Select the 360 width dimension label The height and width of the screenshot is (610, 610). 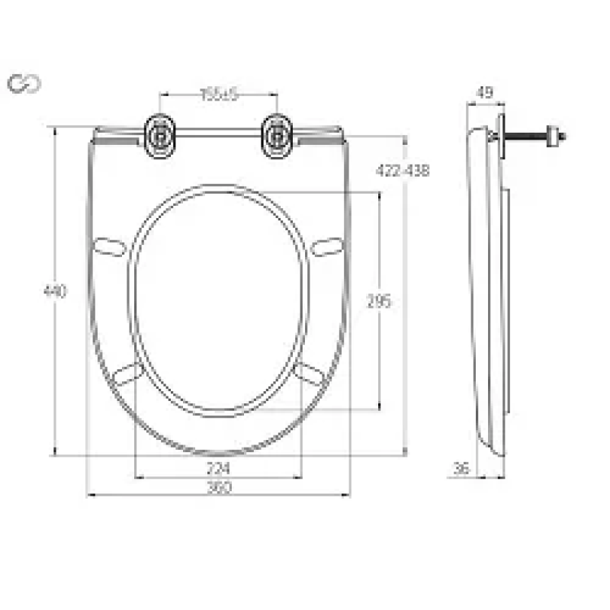tap(219, 486)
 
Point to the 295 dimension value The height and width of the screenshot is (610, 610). tap(378, 302)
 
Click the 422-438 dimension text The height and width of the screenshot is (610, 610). tap(403, 171)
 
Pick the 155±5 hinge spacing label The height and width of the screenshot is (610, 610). tap(219, 94)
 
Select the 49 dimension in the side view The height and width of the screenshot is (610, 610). tap(484, 93)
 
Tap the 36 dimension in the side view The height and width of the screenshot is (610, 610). tap(461, 468)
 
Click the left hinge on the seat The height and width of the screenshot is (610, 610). tap(162, 136)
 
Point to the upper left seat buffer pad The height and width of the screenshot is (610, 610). tap(108, 247)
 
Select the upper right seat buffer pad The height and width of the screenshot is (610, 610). tap(328, 247)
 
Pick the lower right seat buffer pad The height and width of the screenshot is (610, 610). tap(310, 373)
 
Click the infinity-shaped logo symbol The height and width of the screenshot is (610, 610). tap(24, 84)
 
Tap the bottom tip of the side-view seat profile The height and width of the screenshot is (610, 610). tap(497, 451)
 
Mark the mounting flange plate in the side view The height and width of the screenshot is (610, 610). tap(500, 137)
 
